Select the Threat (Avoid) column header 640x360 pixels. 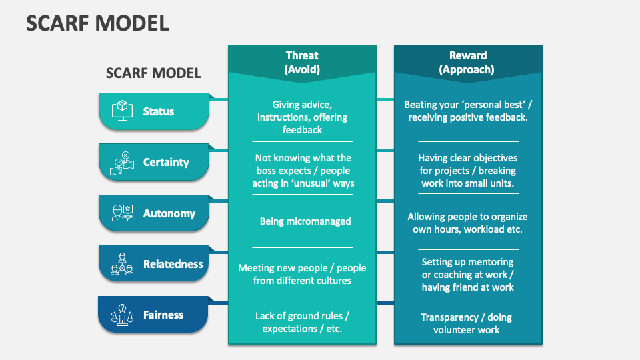point(302,62)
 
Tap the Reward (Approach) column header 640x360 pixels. point(467,62)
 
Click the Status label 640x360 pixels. point(159,111)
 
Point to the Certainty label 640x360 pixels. point(166,162)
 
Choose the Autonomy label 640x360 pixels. point(169,213)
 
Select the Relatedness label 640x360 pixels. point(173,264)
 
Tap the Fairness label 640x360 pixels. point(163,315)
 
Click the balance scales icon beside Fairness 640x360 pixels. point(121,315)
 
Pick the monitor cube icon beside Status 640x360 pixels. point(121,110)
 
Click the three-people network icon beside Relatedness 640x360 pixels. point(121,264)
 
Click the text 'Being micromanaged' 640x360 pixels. point(305,221)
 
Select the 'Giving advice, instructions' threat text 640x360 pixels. point(302,117)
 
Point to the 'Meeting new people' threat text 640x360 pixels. point(302,274)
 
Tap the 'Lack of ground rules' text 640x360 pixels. point(302,322)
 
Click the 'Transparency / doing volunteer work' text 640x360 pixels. point(467,323)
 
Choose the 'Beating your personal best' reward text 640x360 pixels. point(467,111)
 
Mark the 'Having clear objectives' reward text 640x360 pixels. point(467,171)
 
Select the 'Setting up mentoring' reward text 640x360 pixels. point(467,275)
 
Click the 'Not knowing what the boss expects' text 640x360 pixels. point(303,171)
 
